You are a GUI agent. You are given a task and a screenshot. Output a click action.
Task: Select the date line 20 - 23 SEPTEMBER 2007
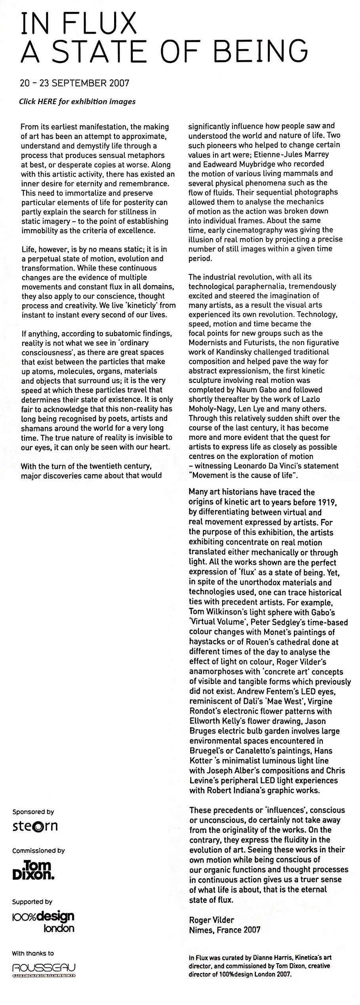74,84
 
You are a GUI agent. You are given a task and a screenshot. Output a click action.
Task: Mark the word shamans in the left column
35,428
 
